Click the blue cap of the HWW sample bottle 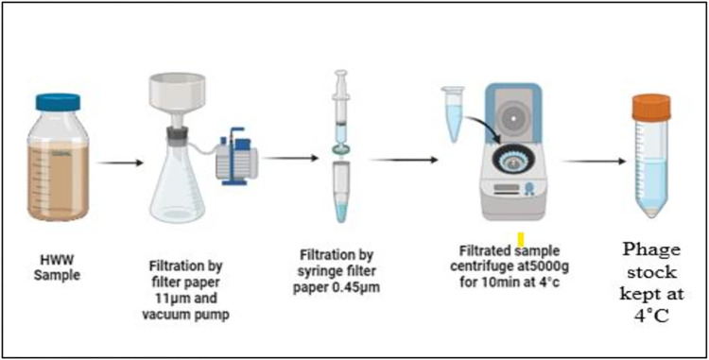point(58,102)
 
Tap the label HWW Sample point(57,267)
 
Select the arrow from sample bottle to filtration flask point(120,163)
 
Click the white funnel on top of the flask point(178,100)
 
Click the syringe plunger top point(340,73)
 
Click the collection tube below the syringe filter point(341,193)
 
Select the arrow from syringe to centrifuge point(404,160)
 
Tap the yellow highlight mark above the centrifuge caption point(521,240)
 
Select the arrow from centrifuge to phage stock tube point(594,162)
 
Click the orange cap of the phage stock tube point(651,108)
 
